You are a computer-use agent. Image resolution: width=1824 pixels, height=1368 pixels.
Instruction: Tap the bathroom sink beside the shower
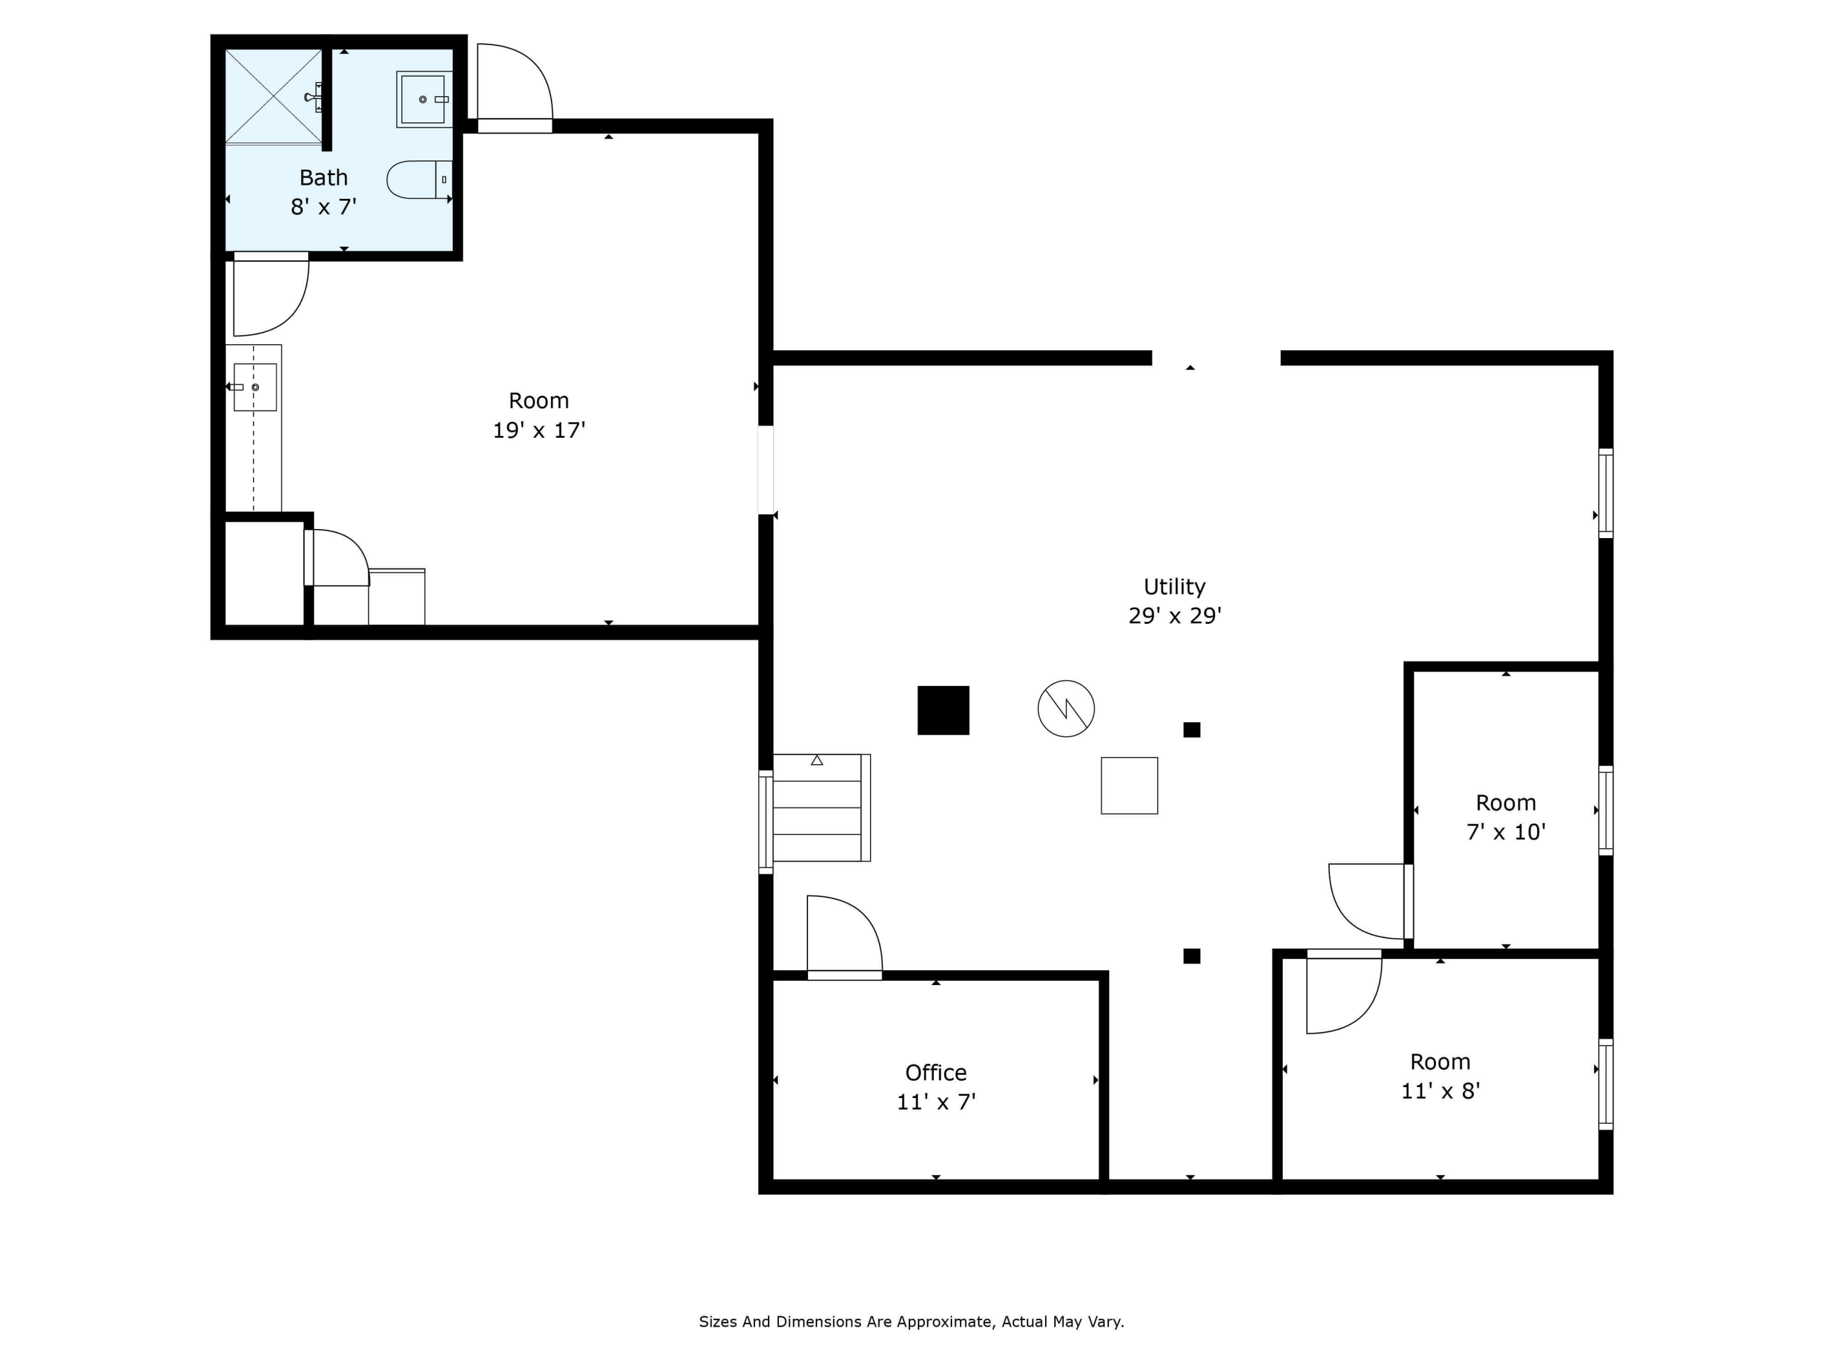(x=423, y=99)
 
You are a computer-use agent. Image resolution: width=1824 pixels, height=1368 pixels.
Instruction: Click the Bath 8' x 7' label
(x=323, y=192)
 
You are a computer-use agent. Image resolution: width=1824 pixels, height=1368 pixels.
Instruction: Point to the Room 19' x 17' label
(x=539, y=415)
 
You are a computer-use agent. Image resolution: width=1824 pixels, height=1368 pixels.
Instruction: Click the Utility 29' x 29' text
(x=1174, y=601)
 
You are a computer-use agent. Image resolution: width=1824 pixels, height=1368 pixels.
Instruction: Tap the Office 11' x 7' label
(x=936, y=1087)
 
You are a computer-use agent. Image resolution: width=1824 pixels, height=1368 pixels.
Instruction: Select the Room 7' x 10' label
(x=1505, y=817)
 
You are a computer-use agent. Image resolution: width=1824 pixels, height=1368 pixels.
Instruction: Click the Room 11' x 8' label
(x=1440, y=1076)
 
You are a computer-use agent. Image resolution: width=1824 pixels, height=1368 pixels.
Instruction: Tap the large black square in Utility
(x=944, y=710)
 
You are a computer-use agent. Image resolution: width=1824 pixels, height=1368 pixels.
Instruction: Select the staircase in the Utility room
(x=820, y=807)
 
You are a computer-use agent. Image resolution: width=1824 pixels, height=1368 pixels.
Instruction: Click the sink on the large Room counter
(x=255, y=387)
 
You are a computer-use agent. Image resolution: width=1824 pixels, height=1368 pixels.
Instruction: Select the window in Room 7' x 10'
(x=1606, y=810)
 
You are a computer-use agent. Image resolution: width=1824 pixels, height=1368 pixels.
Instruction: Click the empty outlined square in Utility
(x=1129, y=786)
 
